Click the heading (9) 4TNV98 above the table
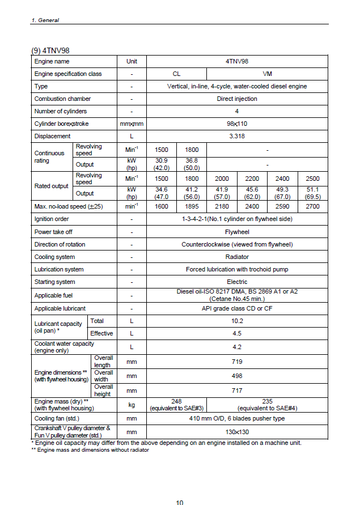50,49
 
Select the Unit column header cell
132,61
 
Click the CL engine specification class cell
176,74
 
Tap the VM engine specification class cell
268,74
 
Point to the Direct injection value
237,99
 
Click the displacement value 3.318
237,136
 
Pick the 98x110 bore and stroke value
237,124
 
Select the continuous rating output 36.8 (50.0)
192,164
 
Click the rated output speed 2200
252,179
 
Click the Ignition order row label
52,219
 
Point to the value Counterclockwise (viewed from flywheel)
237,244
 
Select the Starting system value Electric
237,282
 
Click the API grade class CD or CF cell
237,308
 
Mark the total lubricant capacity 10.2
237,321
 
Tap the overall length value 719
237,362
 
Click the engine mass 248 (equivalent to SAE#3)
176,404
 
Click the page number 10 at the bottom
180,502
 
